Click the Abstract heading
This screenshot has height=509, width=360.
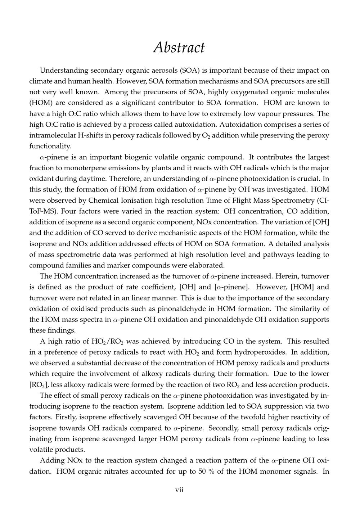[179, 48]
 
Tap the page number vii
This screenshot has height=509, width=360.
[179, 490]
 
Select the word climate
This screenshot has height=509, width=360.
[41, 81]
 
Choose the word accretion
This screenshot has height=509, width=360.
[281, 384]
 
